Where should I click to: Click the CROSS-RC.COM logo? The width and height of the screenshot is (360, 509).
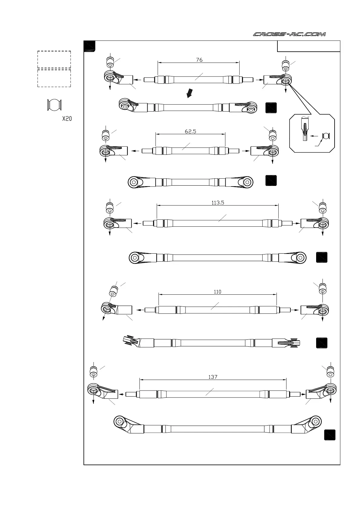point(289,34)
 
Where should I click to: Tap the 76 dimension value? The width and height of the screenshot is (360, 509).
point(199,60)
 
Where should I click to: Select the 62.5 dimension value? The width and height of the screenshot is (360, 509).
point(191,131)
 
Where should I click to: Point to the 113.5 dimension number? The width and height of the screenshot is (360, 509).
point(218,203)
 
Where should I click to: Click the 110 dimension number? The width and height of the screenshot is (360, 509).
point(217,292)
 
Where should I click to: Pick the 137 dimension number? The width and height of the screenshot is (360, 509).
point(213,377)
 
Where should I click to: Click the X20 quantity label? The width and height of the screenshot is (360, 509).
point(67,119)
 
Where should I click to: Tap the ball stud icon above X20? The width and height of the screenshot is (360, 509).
point(54,105)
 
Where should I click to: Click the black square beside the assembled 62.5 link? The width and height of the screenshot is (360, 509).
point(271,180)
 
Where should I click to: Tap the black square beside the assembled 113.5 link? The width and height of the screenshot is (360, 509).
point(322,257)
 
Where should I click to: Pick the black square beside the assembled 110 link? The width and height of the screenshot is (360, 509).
point(322,343)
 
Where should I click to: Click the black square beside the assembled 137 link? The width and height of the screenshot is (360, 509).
point(330,435)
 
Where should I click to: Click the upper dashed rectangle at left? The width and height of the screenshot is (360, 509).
point(54,60)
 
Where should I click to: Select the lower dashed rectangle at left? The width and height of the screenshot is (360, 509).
point(54,78)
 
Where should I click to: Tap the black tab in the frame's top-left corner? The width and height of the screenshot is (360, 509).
point(90,46)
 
